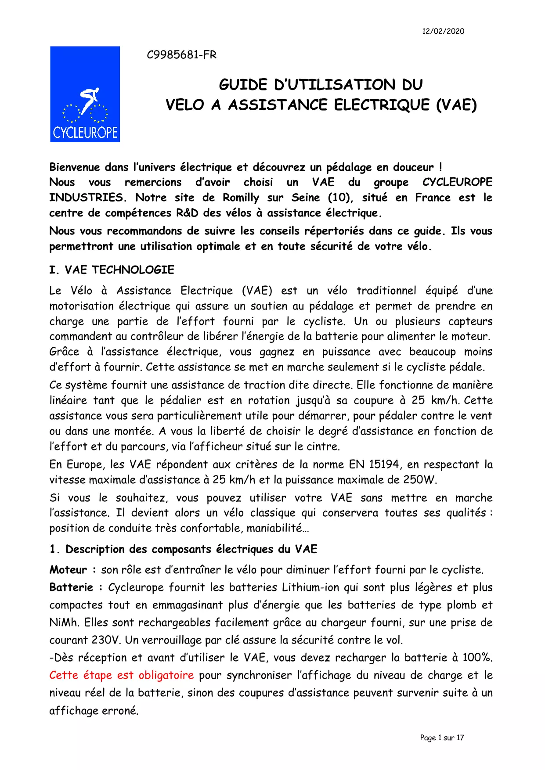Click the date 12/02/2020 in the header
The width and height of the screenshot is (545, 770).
(443, 31)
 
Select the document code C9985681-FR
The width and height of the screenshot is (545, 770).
(181, 55)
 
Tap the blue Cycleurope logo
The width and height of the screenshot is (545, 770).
(85, 94)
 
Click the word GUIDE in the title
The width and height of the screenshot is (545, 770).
(243, 85)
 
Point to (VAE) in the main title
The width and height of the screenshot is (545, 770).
(456, 105)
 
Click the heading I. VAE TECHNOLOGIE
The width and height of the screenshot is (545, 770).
(112, 270)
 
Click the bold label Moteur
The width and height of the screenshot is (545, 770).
(68, 570)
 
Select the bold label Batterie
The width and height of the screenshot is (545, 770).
(71, 587)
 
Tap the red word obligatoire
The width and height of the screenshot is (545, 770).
(166, 675)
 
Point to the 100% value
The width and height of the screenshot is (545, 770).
(477, 658)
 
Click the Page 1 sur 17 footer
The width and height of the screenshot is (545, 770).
(442, 738)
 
